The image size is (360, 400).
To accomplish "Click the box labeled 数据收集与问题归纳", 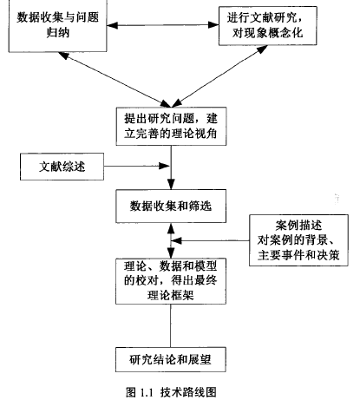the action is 58,25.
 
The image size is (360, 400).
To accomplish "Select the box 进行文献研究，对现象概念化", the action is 268,26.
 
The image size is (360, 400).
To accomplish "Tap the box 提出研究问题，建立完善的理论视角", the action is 171,126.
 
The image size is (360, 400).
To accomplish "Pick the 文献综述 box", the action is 62,167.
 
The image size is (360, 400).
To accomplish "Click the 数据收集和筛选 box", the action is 171,207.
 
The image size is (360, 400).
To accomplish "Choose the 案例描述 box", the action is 298,240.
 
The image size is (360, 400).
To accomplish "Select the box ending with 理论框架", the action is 171,281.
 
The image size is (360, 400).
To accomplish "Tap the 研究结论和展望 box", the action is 171,359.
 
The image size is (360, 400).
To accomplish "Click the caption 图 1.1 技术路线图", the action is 171,392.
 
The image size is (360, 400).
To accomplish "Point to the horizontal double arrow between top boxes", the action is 163,25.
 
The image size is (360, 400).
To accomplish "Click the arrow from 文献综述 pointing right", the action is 136,166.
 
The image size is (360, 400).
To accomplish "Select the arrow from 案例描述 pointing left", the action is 211,240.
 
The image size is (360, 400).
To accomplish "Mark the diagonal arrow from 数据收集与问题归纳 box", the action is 115,80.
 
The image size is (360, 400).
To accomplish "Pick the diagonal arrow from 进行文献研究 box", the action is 219,76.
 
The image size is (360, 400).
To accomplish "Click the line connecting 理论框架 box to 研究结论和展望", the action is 170,325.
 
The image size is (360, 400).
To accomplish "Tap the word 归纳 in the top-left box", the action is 58,32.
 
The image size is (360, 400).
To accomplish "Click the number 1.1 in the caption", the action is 147,393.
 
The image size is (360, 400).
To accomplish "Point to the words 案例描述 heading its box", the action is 298,225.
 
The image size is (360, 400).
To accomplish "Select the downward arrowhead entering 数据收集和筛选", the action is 171,185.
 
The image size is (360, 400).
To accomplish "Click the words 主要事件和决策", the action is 298,255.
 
